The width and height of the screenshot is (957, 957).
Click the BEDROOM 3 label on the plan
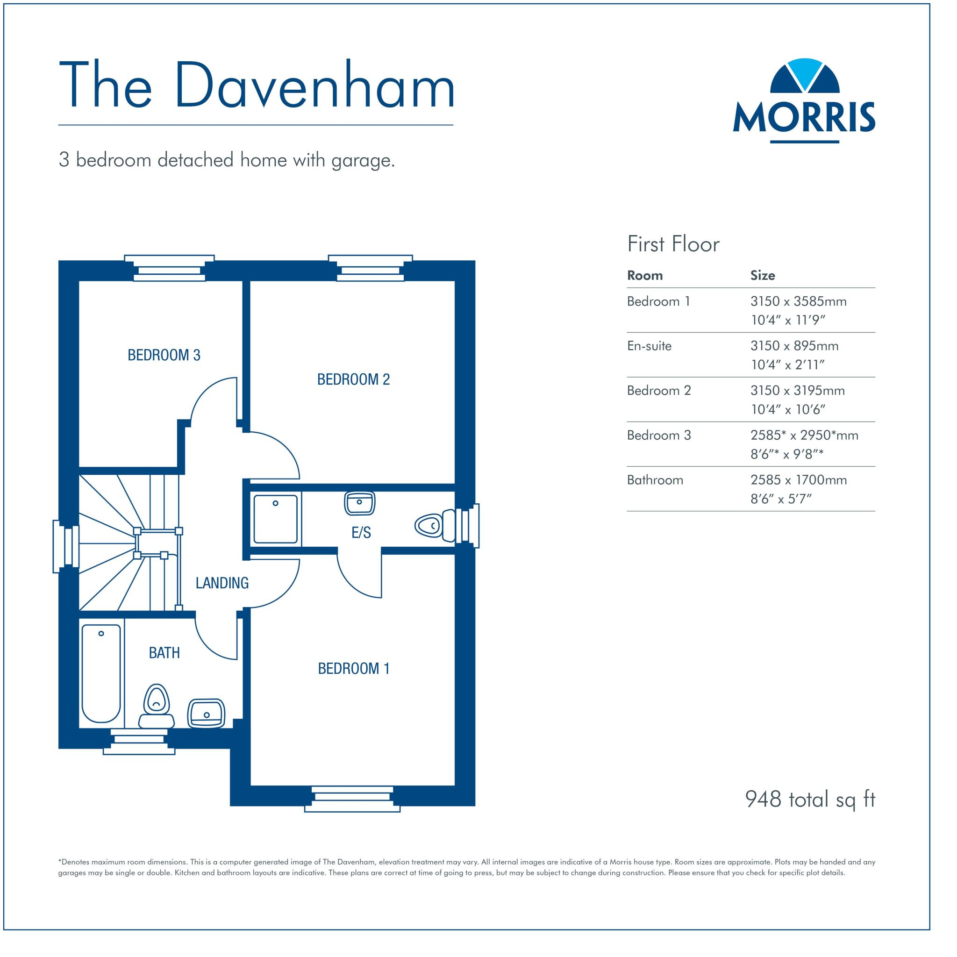point(164,355)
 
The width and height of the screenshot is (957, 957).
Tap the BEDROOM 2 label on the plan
point(353,379)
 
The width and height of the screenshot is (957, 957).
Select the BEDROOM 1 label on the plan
point(353,669)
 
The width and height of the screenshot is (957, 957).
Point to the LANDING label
point(222,583)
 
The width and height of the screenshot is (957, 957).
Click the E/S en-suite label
point(361,533)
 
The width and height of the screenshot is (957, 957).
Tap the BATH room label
point(164,653)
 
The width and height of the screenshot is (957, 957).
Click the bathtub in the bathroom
point(101,673)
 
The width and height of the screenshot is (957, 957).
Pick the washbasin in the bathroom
point(206,713)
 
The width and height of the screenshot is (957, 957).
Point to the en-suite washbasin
point(359,503)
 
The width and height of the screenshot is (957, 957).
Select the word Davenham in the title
point(314,85)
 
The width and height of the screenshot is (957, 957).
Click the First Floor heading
point(673,244)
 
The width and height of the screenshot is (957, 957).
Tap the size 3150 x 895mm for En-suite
point(794,346)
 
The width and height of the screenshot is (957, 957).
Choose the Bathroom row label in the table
point(655,479)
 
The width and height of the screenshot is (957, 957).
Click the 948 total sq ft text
point(810,799)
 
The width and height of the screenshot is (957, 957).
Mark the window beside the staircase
point(65,546)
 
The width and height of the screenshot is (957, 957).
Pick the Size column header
point(762,275)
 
